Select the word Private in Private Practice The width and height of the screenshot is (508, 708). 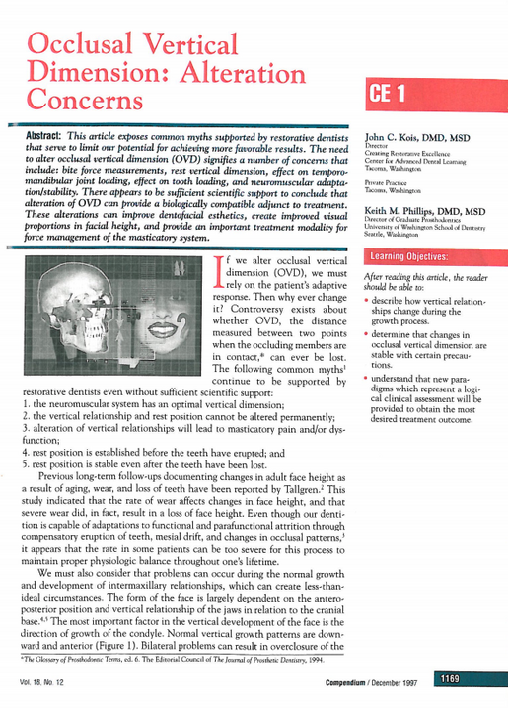click(376, 209)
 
